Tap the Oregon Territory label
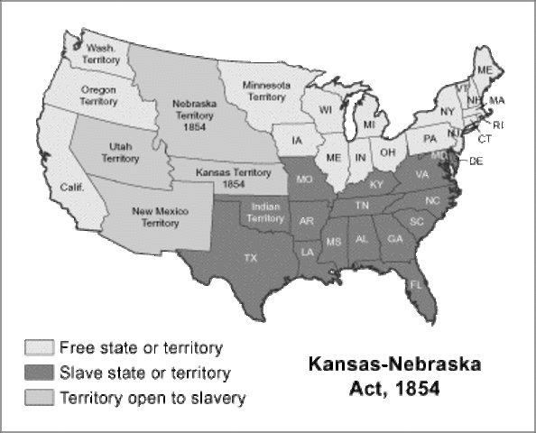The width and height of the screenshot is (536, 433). [98, 97]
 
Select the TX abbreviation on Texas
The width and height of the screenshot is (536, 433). [252, 258]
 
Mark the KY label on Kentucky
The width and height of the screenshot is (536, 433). [376, 184]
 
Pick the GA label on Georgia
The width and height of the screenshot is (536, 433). [394, 238]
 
